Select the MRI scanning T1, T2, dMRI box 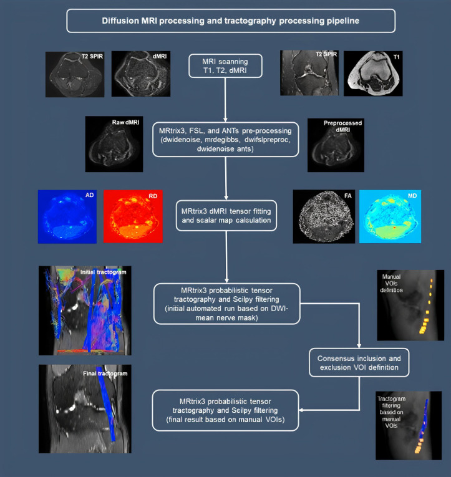click(x=226, y=67)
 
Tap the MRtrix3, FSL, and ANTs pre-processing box click(x=226, y=140)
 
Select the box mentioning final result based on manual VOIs click(x=226, y=410)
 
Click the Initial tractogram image click(x=85, y=309)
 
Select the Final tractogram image click(x=85, y=408)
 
